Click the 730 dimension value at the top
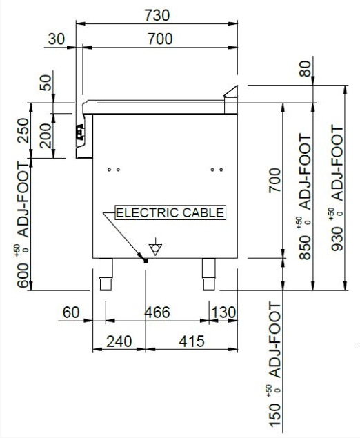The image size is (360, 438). coord(157,15)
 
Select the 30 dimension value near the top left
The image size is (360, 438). coord(56,39)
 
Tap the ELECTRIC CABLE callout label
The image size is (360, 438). coord(170,212)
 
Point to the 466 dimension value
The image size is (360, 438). coord(157,312)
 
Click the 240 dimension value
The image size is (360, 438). coord(119,341)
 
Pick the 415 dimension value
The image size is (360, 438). coord(192,341)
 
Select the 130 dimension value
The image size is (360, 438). coord(223,312)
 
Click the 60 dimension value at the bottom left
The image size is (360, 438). coord(71,312)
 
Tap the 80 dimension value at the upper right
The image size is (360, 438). coord(305,69)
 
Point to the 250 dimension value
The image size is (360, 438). coord(23,130)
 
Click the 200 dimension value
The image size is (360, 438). coord(46,136)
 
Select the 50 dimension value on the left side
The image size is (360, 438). coord(46,83)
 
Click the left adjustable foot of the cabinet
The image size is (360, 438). coord(106,275)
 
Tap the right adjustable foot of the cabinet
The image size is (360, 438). coord(209,275)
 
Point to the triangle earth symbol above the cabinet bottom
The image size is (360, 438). coord(155,249)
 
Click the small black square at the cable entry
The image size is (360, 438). coord(146,261)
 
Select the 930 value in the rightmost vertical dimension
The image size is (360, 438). coord(337,239)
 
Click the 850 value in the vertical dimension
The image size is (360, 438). coord(305,248)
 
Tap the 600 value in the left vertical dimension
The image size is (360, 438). coord(23,275)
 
